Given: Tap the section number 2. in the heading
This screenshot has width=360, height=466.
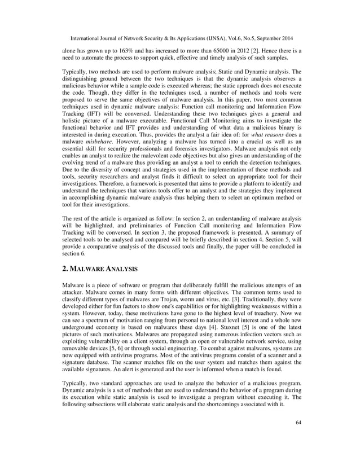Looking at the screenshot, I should [65, 269].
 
